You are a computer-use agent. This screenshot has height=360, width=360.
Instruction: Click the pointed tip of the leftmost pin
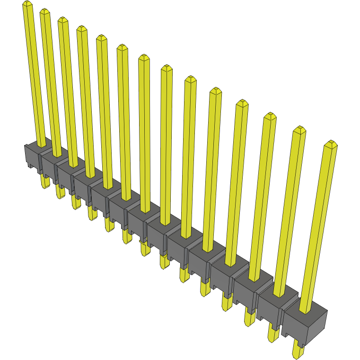tap(27, 3)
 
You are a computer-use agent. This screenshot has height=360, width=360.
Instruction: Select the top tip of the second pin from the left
tap(45, 11)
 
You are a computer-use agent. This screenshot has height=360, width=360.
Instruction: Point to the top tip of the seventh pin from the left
tap(144, 58)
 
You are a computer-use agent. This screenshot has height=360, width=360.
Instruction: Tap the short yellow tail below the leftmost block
tap(45, 182)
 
